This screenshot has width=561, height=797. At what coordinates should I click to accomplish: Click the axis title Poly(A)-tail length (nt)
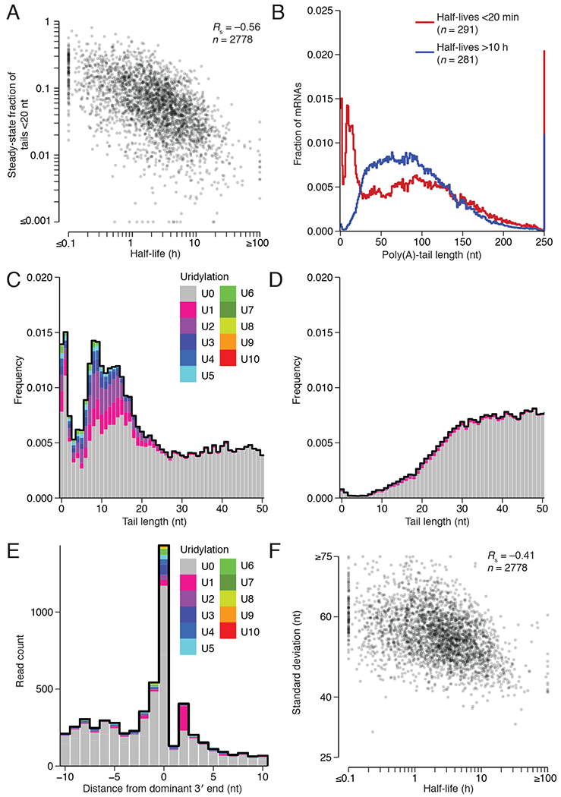[x=441, y=257]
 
